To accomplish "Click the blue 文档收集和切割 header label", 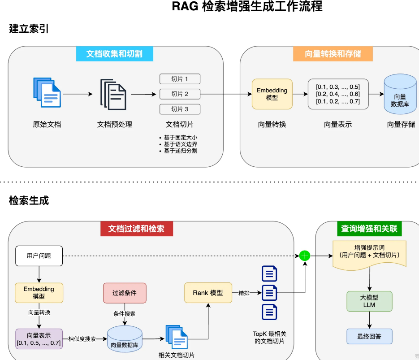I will pyautogui.click(x=114, y=54).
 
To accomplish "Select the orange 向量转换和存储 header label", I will pyautogui.click(x=333, y=54).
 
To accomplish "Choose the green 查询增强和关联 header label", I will pyautogui.click(x=369, y=229).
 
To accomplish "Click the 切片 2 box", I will pyautogui.click(x=180, y=94).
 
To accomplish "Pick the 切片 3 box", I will pyautogui.click(x=180, y=109).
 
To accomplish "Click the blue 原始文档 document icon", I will pyautogui.click(x=47, y=92).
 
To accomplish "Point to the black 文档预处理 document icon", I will pyautogui.click(x=113, y=94).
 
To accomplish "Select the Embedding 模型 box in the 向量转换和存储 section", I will pyautogui.click(x=272, y=94).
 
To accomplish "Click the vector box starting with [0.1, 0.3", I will pyautogui.click(x=338, y=94).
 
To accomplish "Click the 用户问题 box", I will pyautogui.click(x=39, y=256).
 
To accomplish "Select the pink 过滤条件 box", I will pyautogui.click(x=125, y=293).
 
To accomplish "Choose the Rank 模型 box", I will pyautogui.click(x=208, y=293).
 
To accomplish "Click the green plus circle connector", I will pyautogui.click(x=305, y=256).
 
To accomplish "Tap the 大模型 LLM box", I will pyautogui.click(x=369, y=301).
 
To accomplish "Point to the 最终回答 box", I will pyautogui.click(x=369, y=336).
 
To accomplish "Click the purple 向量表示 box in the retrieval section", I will pyautogui.click(x=39, y=339).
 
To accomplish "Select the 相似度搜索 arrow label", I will pyautogui.click(x=82, y=339).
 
